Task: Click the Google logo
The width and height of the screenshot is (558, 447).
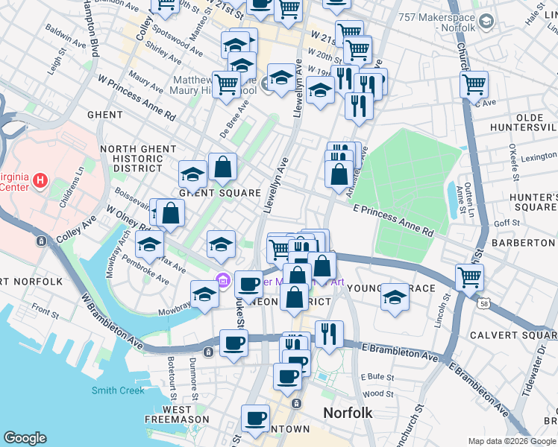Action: point(25,438)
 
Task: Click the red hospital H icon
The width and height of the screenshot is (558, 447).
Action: point(40,181)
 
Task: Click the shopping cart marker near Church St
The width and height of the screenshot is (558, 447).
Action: point(474,84)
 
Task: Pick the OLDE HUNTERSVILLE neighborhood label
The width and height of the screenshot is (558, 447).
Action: point(524,123)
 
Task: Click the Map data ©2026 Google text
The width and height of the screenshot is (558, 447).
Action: point(512,441)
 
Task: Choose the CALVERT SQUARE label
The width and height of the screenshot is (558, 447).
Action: point(513,335)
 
